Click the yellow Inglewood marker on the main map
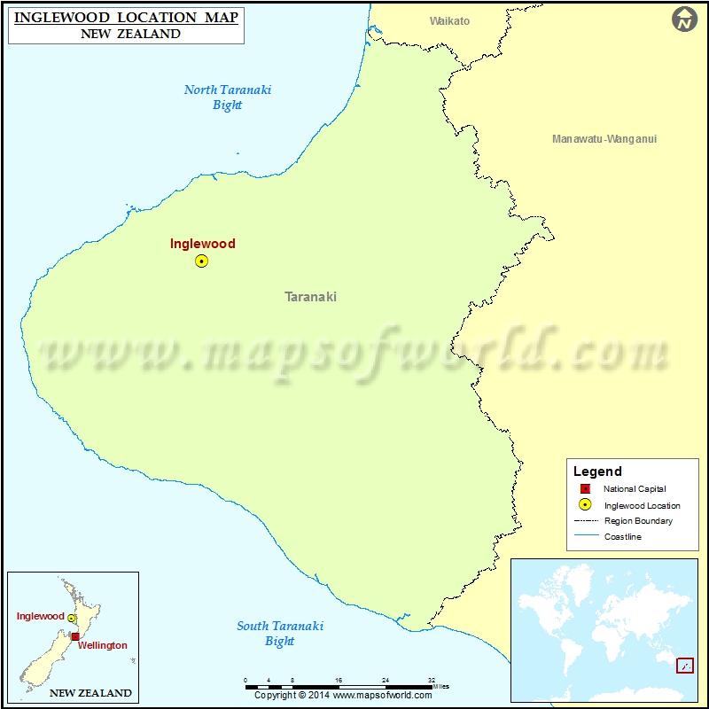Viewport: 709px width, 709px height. pyautogui.click(x=201, y=261)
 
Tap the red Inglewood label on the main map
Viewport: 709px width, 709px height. pyautogui.click(x=203, y=244)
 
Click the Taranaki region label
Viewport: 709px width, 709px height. pyautogui.click(x=310, y=297)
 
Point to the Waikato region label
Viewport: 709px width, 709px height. pyautogui.click(x=449, y=21)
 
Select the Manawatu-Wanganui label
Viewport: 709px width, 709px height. pyautogui.click(x=604, y=139)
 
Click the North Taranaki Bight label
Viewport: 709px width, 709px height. pyautogui.click(x=228, y=97)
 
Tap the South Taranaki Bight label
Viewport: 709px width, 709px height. pyautogui.click(x=280, y=634)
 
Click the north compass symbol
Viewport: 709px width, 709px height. pyautogui.click(x=685, y=19)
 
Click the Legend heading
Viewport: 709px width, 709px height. pyautogui.click(x=597, y=471)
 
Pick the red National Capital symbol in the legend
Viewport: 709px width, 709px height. pyautogui.click(x=585, y=489)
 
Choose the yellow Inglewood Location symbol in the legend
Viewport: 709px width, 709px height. pyautogui.click(x=585, y=505)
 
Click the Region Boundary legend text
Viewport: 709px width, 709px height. pyautogui.click(x=638, y=521)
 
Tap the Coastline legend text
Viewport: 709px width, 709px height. pyautogui.click(x=623, y=537)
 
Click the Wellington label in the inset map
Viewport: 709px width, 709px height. pyautogui.click(x=102, y=645)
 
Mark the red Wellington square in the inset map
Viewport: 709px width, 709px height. pyautogui.click(x=75, y=636)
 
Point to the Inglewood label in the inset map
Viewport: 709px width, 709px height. pyautogui.click(x=40, y=616)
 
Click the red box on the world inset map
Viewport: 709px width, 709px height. pyautogui.click(x=684, y=666)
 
